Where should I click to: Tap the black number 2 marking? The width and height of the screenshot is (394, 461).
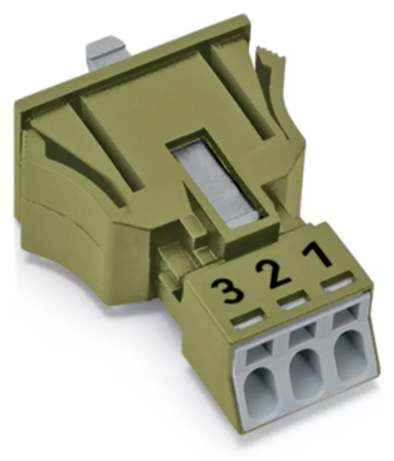click(272, 273)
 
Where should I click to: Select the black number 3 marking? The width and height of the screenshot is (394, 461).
click(227, 291)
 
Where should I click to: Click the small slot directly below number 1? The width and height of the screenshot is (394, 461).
click(338, 284)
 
